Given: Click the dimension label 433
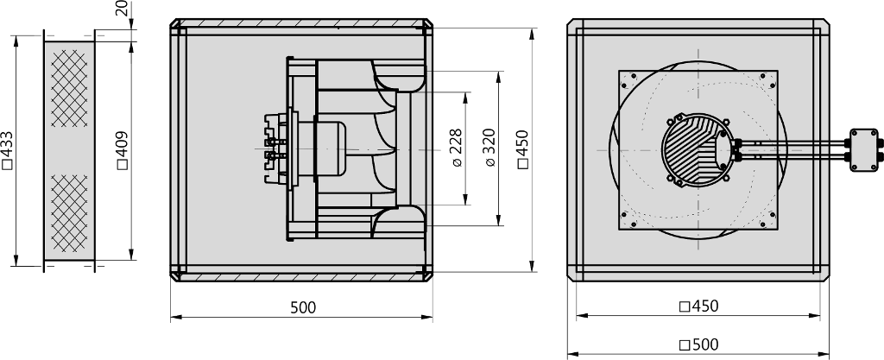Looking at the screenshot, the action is [7, 150].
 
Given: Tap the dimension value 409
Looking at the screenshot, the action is [123, 150].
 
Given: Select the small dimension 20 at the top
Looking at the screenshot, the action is [126, 8].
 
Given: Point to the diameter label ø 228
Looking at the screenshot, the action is [457, 148].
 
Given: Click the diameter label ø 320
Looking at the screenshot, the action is [490, 148].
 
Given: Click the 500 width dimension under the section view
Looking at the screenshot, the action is [303, 307].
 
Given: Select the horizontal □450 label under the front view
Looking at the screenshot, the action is [699, 306].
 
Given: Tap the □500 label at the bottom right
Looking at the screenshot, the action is [699, 344].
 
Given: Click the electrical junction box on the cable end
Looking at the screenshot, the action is [863, 150].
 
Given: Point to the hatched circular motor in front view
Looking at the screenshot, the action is [697, 150].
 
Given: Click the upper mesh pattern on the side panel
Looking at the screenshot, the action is [69, 88].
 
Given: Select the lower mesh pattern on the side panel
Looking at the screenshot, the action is [69, 213].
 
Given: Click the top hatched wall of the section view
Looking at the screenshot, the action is [301, 23].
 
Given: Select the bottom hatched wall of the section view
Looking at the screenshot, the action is [301, 276].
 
